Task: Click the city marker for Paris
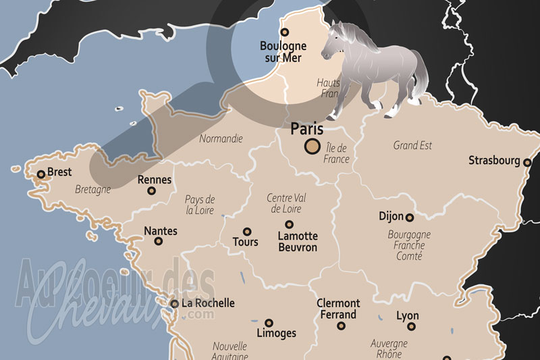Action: (x=313, y=145)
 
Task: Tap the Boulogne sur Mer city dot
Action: (x=284, y=32)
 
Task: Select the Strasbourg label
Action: (x=495, y=161)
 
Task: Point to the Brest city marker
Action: (x=40, y=174)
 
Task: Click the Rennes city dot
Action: (x=151, y=191)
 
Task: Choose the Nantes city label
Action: (x=161, y=231)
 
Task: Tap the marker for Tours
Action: (x=247, y=232)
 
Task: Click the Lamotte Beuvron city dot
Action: (x=289, y=224)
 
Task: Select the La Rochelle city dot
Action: (x=175, y=304)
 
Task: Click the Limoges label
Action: (x=277, y=334)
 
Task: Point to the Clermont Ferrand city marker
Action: (x=341, y=326)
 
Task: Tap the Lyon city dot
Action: (x=411, y=326)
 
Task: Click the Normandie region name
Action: (x=221, y=139)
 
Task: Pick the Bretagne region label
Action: (x=93, y=190)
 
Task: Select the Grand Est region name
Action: (x=412, y=145)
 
